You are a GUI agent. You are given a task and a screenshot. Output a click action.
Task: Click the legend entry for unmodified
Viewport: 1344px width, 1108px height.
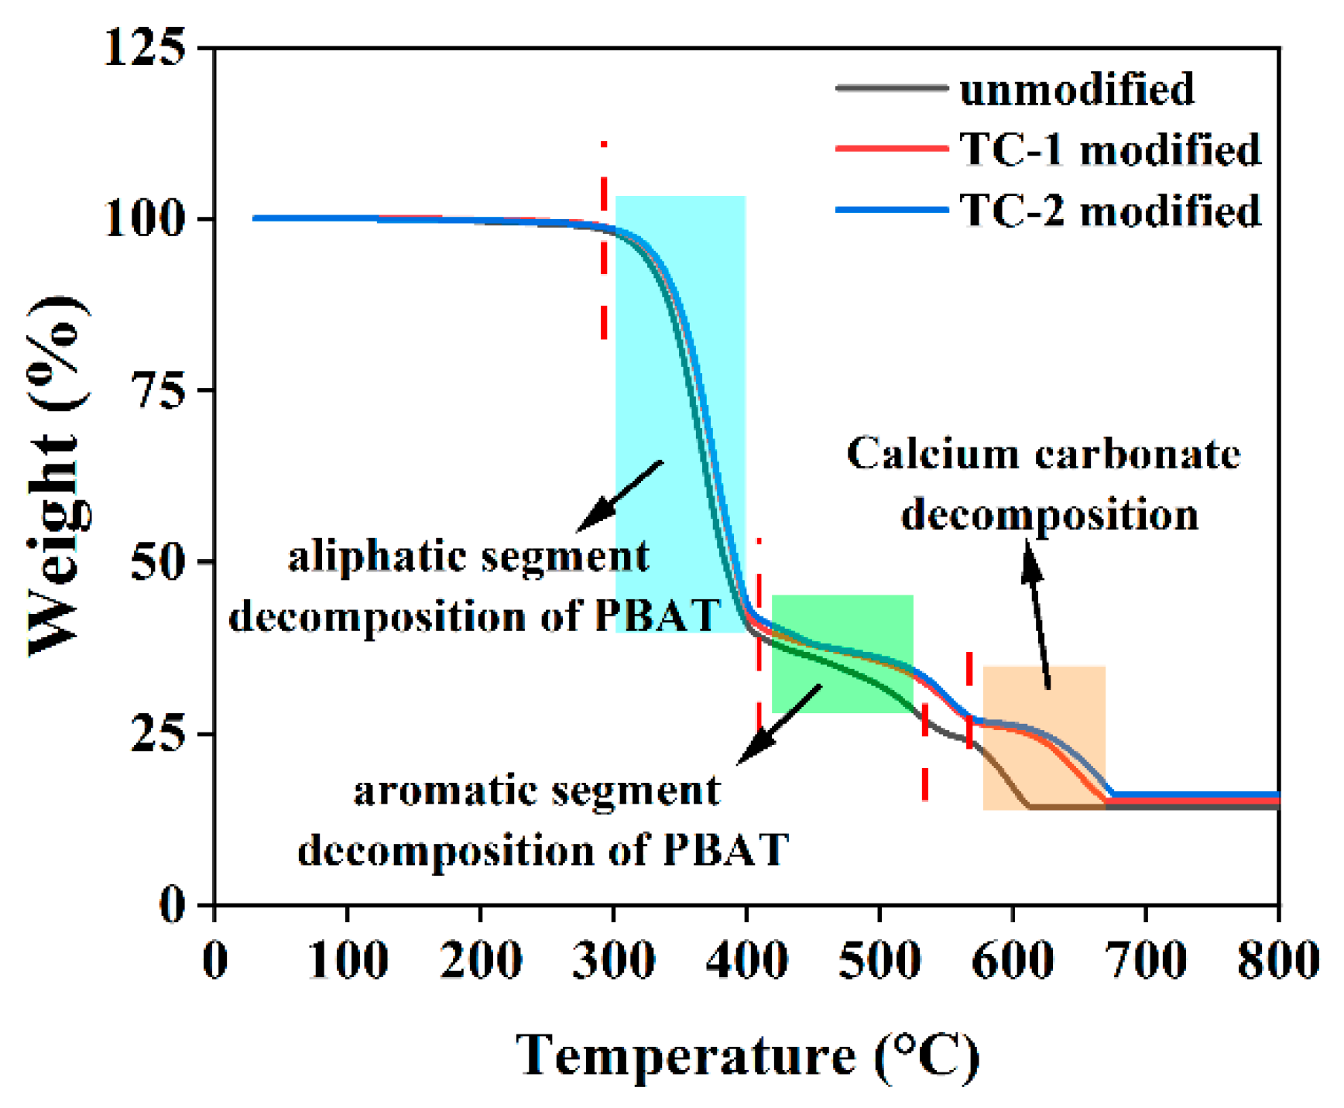[x=1076, y=89]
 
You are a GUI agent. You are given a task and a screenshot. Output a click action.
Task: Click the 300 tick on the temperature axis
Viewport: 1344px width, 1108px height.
[x=613, y=960]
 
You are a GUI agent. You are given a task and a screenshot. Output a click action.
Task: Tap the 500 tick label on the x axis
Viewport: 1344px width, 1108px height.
[x=879, y=960]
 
